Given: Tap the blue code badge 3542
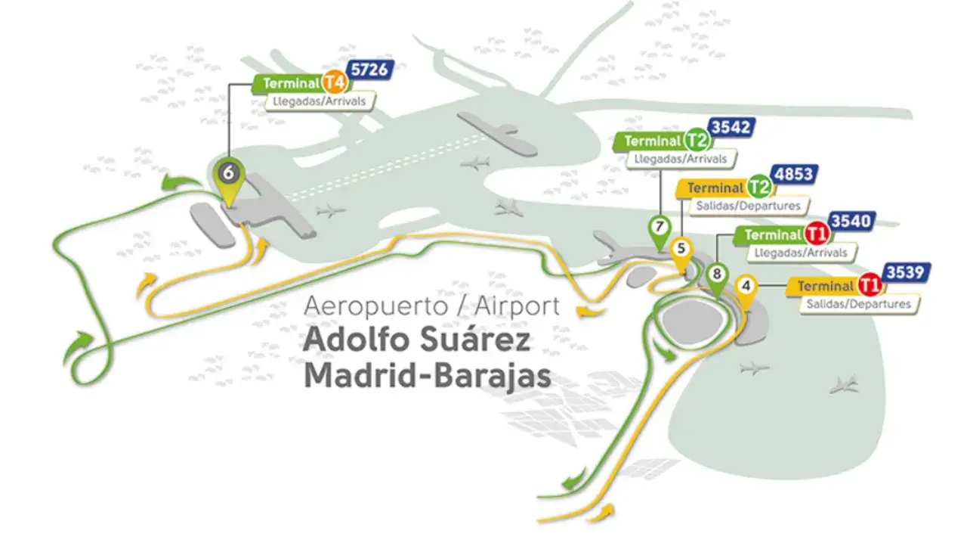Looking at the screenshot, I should tap(731, 127).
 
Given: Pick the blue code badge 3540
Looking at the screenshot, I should tap(851, 222).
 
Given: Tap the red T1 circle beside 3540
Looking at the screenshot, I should tap(815, 234).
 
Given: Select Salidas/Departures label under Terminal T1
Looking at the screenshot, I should tap(860, 303).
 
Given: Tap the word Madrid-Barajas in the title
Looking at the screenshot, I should tap(427, 376).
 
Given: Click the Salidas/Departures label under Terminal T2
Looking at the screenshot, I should tap(745, 205).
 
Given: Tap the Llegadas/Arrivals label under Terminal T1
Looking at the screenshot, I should tap(796, 253).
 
